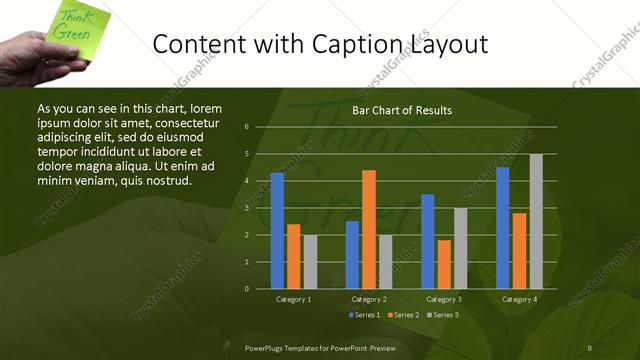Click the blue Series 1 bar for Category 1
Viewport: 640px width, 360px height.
(x=277, y=231)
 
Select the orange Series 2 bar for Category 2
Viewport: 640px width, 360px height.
(x=369, y=229)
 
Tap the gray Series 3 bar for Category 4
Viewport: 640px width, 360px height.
(x=536, y=221)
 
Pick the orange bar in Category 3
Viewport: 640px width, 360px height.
(x=444, y=264)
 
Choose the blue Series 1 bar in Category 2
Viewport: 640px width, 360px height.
(x=352, y=255)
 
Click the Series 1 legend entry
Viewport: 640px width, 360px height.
(x=363, y=315)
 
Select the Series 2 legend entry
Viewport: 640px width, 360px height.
(x=403, y=315)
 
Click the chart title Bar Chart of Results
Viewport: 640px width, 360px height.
(x=402, y=110)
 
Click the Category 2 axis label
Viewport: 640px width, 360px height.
(x=369, y=299)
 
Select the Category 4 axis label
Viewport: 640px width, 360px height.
(x=519, y=299)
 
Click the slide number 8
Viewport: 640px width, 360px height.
(x=590, y=347)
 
